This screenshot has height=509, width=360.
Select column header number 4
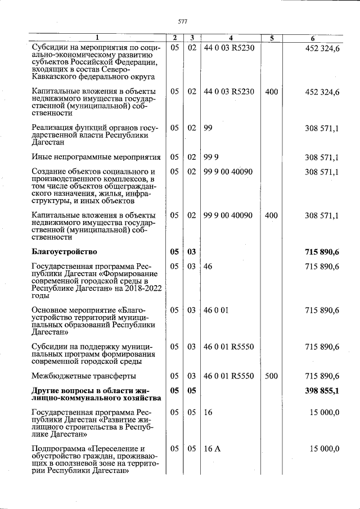pos(230,38)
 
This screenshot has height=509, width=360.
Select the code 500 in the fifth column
pos(271,376)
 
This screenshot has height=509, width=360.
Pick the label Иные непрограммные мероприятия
pos(96,157)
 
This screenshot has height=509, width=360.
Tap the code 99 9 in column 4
pos(211,157)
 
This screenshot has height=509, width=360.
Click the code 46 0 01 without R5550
pos(216,310)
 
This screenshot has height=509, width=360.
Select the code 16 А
pos(212,448)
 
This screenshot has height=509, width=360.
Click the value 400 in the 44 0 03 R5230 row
pos(271,91)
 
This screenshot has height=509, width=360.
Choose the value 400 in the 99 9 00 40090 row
pos(271,215)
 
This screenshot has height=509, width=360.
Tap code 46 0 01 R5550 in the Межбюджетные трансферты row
pos(229,376)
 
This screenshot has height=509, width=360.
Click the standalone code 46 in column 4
pos(208,266)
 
